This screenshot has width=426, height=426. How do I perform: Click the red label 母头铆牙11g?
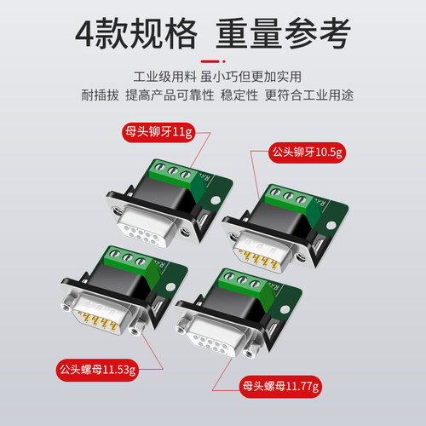point(158,132)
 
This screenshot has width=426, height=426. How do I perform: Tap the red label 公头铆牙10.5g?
point(308,153)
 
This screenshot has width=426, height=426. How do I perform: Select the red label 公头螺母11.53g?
point(97,370)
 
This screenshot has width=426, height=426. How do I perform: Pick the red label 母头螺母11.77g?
point(281,387)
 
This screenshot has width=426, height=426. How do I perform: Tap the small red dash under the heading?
point(210,61)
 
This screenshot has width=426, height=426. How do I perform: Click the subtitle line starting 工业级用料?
point(217,77)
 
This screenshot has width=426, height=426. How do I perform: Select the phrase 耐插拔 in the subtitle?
point(100,95)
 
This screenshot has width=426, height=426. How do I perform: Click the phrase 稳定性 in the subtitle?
point(239,95)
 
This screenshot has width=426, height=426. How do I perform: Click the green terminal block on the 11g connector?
point(176,177)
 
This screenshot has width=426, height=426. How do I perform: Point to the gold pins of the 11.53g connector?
point(97,320)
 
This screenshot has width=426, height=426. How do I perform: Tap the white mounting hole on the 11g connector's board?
point(215,200)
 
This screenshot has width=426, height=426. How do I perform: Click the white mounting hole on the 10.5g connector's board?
point(331,226)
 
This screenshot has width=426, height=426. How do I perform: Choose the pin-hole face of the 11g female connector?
point(142,234)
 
